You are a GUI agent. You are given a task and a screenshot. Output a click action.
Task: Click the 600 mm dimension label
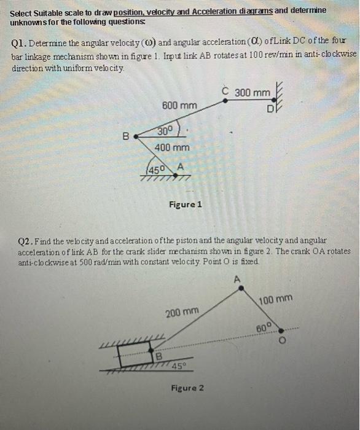[179, 105]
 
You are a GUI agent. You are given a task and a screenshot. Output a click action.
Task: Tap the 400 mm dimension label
[172, 147]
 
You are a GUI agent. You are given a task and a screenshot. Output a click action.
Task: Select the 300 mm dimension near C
[252, 93]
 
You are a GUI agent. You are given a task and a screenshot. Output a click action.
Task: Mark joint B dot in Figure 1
[136, 136]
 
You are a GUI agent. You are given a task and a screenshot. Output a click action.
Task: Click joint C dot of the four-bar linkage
[225, 101]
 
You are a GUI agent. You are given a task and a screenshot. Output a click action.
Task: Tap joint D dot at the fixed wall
[273, 100]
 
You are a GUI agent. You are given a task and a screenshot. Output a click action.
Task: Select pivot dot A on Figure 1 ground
[176, 175]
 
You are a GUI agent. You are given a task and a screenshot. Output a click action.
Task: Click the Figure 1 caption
[186, 205]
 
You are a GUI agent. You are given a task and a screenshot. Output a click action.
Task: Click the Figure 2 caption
[187, 388]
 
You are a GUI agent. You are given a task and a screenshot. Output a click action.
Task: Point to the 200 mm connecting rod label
[182, 312]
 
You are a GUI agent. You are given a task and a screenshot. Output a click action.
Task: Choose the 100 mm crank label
[276, 300]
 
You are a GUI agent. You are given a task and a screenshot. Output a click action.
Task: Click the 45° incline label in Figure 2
[179, 365]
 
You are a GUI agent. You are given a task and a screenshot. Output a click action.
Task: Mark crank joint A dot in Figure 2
[241, 288]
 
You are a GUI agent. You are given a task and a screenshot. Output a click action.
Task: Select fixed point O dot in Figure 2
[281, 330]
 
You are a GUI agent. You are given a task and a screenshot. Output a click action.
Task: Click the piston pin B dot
[151, 350]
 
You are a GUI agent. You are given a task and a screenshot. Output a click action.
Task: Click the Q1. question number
[19, 44]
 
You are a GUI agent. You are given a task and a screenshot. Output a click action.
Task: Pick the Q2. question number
[26, 241]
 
